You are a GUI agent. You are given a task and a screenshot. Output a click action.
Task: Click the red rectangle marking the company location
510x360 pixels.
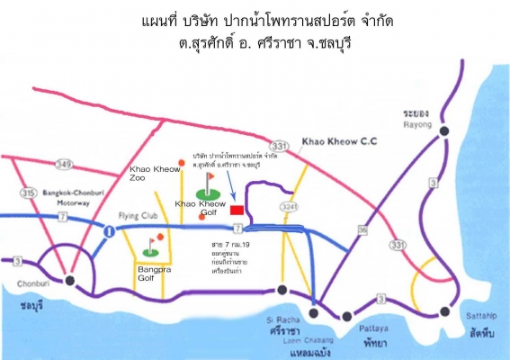point(237,209)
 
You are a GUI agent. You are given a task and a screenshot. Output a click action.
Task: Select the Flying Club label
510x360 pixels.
point(135,217)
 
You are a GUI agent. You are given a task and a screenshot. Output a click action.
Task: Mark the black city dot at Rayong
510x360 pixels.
point(444,132)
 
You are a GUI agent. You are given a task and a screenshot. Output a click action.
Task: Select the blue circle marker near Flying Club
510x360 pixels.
point(108,231)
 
